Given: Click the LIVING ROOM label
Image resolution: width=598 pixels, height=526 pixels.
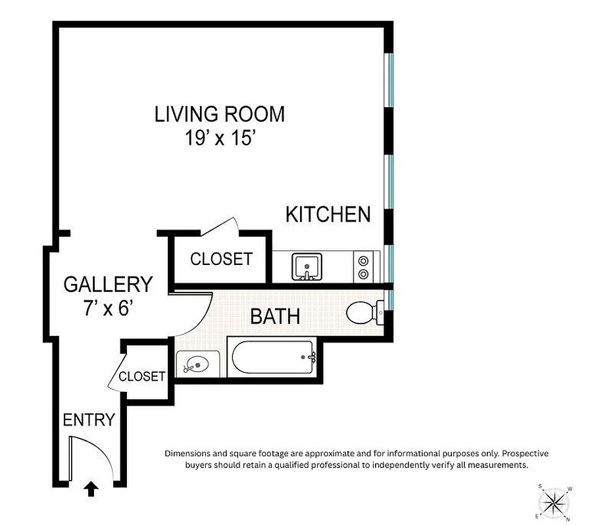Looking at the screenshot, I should point(220,114).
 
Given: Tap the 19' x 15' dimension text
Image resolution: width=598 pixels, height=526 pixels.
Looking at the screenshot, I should point(220,139).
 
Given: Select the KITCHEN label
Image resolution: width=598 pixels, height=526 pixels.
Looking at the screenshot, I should point(328,214).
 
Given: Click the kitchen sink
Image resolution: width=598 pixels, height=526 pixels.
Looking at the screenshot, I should point(307,266).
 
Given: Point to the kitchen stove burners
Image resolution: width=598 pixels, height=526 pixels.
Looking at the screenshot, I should point(362,267).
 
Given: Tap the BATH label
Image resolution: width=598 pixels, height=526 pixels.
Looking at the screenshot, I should point(275,316).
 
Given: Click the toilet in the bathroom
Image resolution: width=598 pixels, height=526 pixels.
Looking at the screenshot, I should point(362,313).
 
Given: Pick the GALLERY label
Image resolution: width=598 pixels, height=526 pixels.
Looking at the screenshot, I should point(108,284).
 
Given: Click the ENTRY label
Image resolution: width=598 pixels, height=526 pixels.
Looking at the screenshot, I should point(89,419).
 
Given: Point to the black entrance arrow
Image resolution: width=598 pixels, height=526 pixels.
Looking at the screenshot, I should point(91,489).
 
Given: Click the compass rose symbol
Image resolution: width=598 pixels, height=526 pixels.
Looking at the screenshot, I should point(554,503).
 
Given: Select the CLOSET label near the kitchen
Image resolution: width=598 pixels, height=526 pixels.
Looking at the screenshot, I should point(221,259).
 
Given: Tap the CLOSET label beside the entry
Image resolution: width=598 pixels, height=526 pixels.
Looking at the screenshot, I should point(142,376).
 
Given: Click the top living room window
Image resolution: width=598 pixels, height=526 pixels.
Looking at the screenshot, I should point(389,79).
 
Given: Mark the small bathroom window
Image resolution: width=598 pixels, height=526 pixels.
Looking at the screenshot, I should point(389,300).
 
